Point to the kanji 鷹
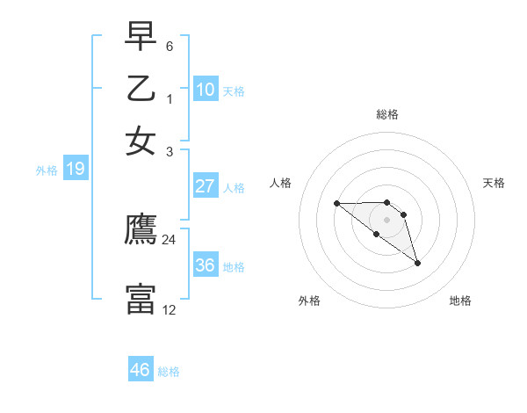[x=141, y=230]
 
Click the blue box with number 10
[x=206, y=89]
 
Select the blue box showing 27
[x=206, y=186]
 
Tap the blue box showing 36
[x=206, y=265]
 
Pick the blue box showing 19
[x=76, y=169]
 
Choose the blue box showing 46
[x=141, y=370]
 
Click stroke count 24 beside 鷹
[x=170, y=239]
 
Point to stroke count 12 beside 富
[x=170, y=309]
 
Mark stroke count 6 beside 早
[x=170, y=46]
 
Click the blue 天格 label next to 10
[x=234, y=91]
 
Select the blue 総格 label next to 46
[x=169, y=372]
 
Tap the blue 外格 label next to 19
[x=47, y=170]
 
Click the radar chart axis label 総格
[x=387, y=114]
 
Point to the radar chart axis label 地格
[x=460, y=301]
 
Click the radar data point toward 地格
[x=417, y=263]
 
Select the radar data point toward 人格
[x=336, y=204]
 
